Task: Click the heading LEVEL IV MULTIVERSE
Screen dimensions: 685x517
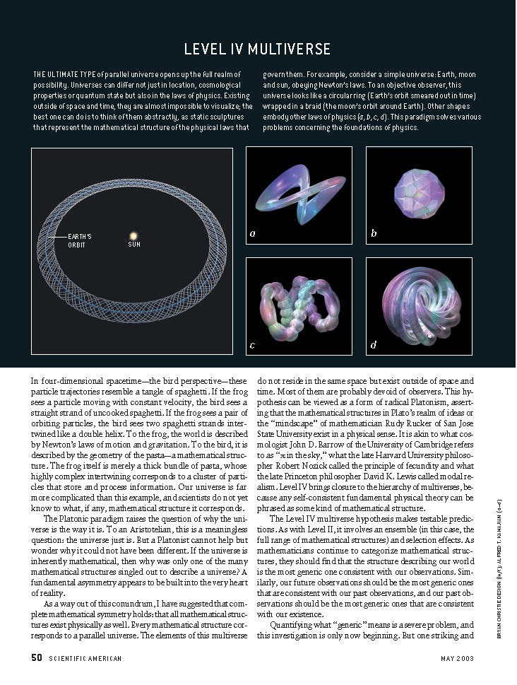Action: (x=257, y=49)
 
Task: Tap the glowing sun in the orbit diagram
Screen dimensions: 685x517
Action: (x=133, y=234)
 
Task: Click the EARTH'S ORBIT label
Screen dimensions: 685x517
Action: (x=79, y=240)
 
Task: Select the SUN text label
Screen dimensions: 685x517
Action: (x=134, y=245)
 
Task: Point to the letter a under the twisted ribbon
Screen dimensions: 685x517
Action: (x=253, y=233)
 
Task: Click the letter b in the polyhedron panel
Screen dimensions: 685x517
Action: (x=374, y=233)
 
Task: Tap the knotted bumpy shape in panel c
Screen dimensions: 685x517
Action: (x=299, y=304)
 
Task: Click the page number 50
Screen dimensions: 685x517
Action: (x=37, y=658)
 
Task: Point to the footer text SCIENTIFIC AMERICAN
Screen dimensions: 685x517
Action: (x=85, y=659)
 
